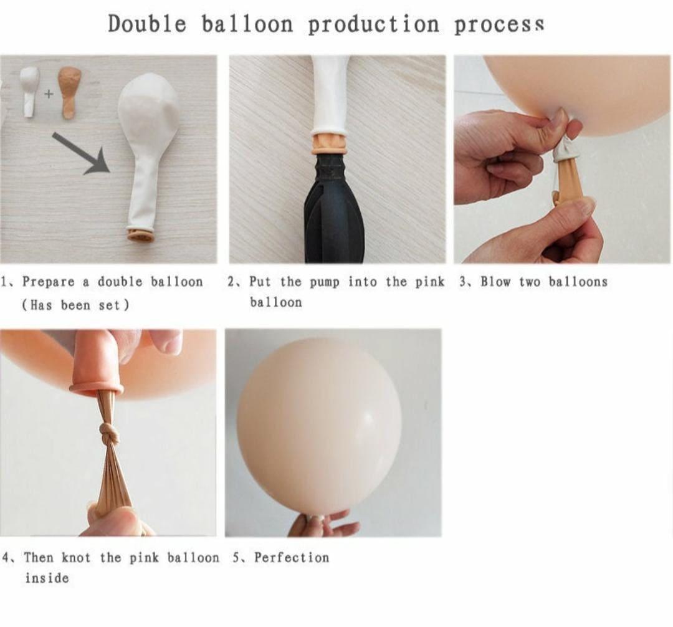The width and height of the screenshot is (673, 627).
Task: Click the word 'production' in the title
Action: point(373,24)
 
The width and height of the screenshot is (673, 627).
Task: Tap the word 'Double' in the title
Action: point(147,24)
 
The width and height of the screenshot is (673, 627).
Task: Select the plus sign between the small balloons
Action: point(49,94)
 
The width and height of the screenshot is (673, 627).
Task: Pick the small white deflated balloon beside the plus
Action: point(29,91)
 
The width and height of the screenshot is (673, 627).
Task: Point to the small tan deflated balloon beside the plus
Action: point(69,92)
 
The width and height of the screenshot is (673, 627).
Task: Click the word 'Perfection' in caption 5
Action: point(291,557)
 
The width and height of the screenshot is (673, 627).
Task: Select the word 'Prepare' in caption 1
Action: point(49,282)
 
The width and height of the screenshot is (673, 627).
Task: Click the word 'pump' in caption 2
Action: point(324,282)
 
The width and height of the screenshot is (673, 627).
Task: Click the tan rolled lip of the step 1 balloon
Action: point(141,235)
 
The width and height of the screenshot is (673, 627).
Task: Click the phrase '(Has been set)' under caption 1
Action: point(75,305)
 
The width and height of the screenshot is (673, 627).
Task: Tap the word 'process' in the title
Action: point(499,24)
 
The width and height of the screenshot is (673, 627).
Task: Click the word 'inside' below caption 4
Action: point(47,578)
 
